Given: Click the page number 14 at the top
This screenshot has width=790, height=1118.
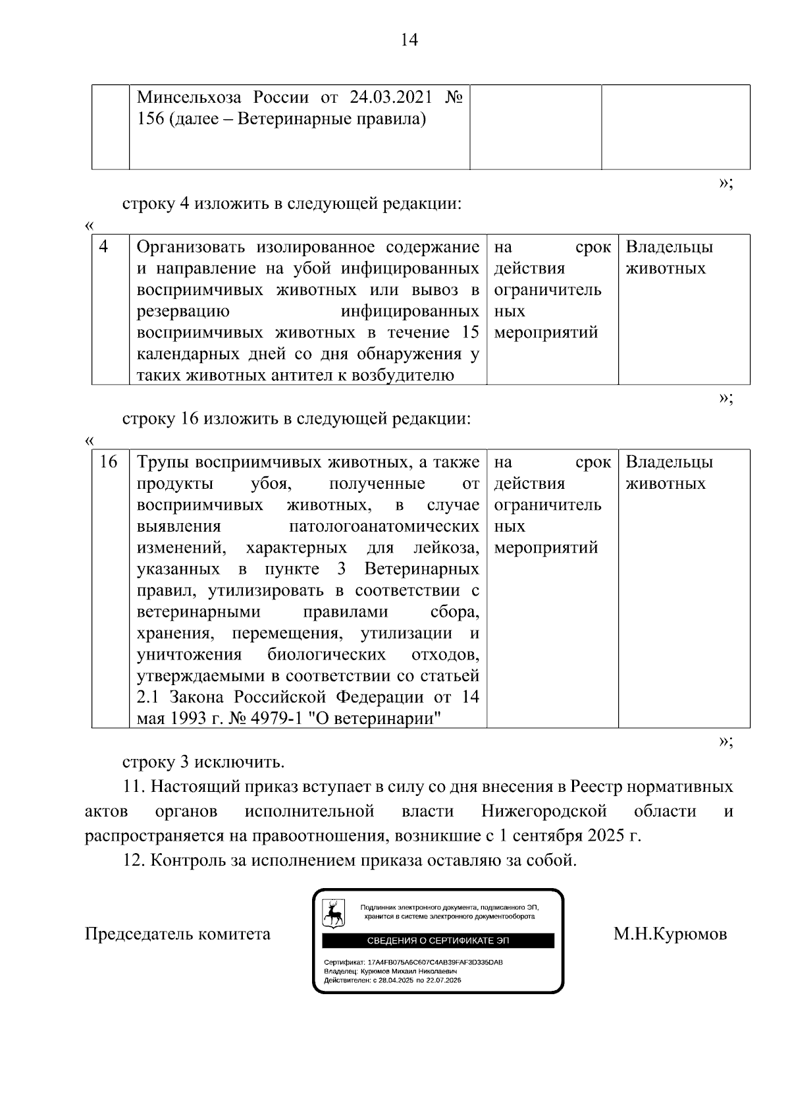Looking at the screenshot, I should point(409,40).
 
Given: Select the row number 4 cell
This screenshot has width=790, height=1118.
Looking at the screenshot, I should point(104,247).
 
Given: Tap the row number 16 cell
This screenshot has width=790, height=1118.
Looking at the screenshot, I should point(108,462).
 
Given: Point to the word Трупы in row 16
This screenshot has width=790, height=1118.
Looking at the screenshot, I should point(163,462).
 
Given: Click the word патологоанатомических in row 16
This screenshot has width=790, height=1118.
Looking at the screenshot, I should point(384,527).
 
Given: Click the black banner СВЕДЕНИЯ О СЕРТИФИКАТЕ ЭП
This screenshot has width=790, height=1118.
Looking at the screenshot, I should point(438,941).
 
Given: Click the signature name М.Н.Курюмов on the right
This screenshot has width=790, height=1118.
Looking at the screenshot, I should point(670,934).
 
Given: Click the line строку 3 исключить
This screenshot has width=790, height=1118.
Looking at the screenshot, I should point(203,763).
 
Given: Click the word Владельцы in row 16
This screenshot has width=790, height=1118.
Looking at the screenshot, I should point(669,462).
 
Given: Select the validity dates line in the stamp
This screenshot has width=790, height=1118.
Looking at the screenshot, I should point(392,980).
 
